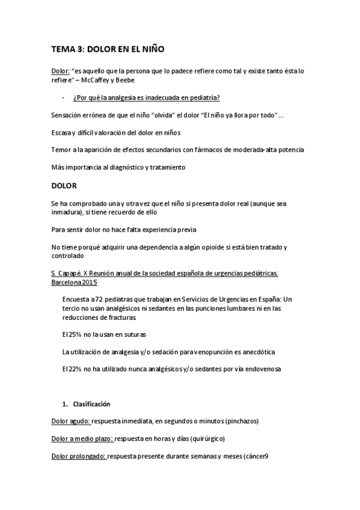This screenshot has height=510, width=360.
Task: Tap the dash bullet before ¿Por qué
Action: [64, 97]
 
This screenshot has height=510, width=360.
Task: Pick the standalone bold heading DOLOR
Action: [64, 186]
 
